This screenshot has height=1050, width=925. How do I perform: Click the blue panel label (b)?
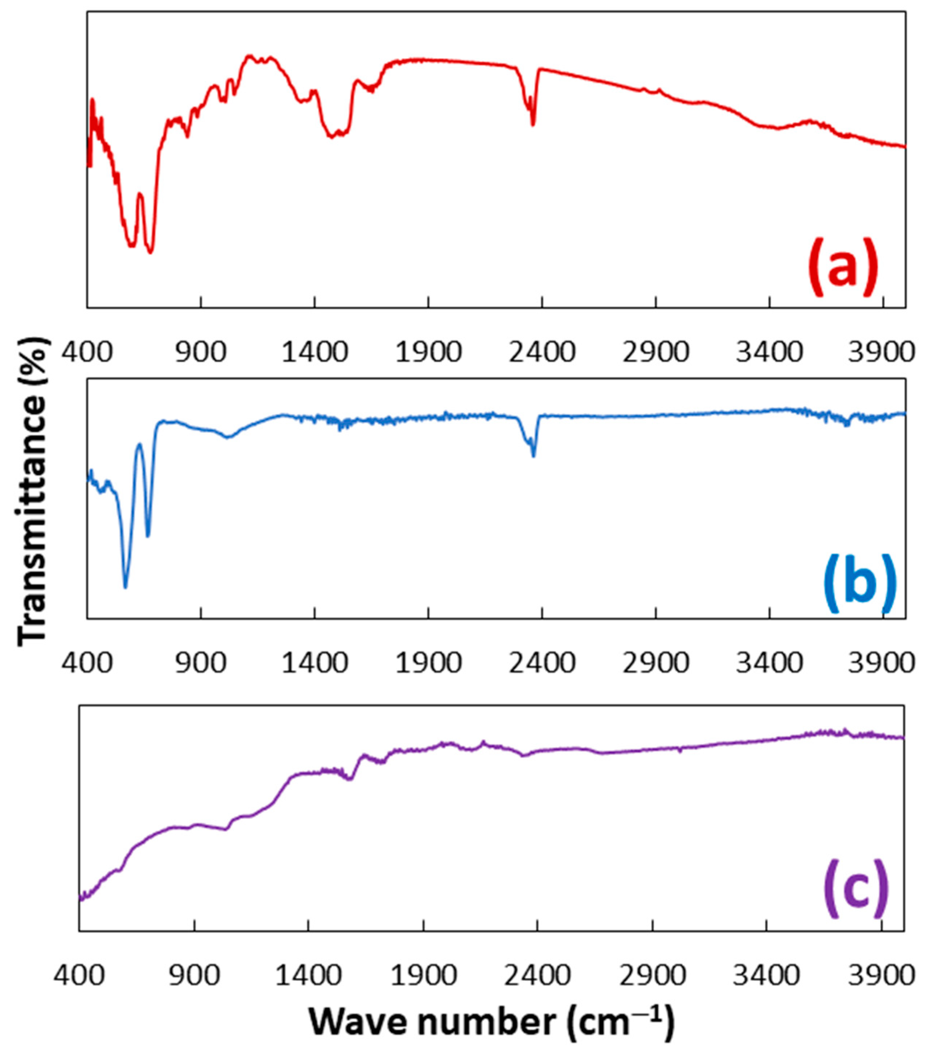[x=860, y=583]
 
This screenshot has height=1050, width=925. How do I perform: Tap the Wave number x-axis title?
[x=491, y=1022]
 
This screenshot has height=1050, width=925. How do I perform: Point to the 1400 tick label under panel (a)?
[x=314, y=353]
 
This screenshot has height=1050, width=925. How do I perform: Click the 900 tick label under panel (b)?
[x=201, y=664]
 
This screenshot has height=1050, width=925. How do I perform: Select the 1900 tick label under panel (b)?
[x=428, y=664]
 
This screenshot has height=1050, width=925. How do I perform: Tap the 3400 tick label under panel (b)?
[x=769, y=664]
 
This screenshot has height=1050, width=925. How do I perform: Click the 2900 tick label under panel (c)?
[x=653, y=975]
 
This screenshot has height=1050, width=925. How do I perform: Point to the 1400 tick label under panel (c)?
[x=308, y=975]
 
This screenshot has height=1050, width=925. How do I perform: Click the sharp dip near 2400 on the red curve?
[x=533, y=125]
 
